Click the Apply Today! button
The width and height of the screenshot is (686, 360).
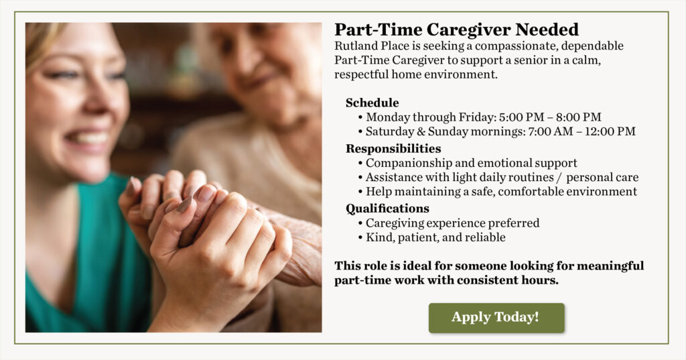496,318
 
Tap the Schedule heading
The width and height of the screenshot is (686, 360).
372,103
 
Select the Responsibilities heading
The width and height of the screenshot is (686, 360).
393,148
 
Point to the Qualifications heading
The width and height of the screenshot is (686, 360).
388,208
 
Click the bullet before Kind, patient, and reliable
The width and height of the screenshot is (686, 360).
360,238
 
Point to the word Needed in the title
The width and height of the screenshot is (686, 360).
547,29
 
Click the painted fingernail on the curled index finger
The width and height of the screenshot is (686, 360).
185,205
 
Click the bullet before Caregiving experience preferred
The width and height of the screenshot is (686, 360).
360,223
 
